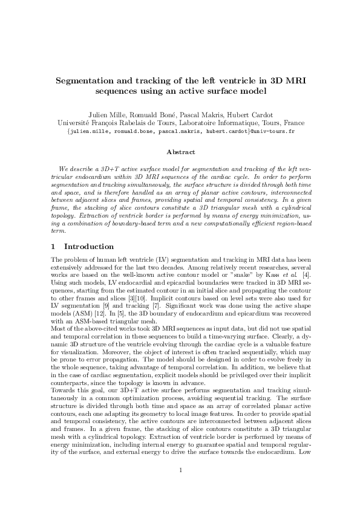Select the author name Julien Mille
point(122,115)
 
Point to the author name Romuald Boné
point(168,115)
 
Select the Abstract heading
point(180,153)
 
